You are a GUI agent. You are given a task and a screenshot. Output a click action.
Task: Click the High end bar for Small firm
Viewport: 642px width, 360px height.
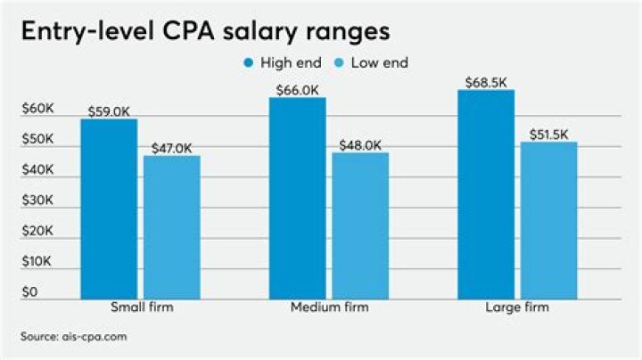(109, 209)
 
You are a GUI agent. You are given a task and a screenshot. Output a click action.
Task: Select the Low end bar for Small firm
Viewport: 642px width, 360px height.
(172, 227)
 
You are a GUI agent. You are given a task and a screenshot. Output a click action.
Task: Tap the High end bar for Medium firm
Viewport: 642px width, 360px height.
(297, 198)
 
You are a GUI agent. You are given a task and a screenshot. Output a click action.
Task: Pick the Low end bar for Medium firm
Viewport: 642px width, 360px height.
(360, 225)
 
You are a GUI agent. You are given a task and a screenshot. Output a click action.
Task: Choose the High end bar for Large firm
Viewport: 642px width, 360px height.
(486, 193)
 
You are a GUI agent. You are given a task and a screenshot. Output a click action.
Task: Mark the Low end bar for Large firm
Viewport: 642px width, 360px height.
(549, 220)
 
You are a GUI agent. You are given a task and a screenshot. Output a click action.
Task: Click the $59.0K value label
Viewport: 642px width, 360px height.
(109, 112)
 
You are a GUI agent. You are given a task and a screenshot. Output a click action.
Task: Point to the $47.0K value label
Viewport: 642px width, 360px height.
(172, 149)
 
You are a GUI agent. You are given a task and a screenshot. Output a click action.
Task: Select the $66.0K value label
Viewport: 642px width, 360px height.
(297, 91)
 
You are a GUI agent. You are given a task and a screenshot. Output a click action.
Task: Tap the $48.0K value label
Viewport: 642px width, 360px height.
(360, 145)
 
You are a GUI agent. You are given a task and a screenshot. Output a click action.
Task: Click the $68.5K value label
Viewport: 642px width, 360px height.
(486, 83)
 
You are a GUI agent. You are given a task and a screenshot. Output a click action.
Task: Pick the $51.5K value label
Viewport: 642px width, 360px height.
(549, 135)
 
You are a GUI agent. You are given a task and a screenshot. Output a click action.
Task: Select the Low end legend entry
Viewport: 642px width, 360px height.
(369, 62)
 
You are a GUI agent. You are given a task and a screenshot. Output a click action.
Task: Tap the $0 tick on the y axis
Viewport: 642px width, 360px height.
(29, 292)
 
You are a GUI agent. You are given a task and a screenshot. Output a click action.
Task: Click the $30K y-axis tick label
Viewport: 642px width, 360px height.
(38, 201)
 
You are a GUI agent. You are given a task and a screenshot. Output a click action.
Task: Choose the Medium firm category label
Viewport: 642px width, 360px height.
(329, 307)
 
